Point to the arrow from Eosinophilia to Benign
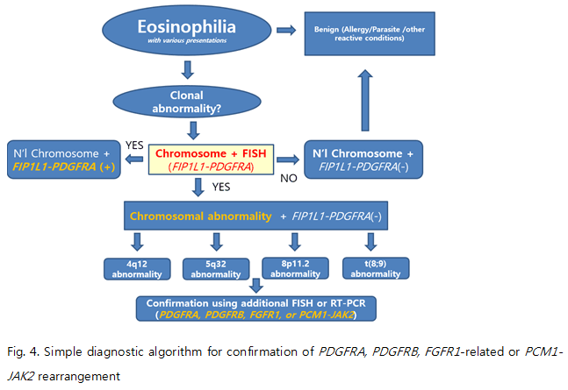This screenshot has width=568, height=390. pyautogui.click(x=285, y=31)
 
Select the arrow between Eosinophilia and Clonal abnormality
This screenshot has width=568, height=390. pyautogui.click(x=188, y=69)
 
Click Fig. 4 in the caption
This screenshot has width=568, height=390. pyautogui.click(x=27, y=351)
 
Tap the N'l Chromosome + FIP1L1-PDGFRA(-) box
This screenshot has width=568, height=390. pyautogui.click(x=364, y=159)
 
